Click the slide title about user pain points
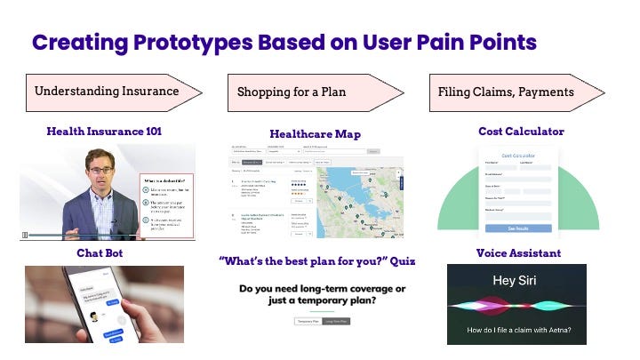[284, 43]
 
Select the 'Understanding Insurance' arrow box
[107, 91]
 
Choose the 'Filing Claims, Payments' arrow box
[506, 91]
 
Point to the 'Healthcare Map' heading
[315, 134]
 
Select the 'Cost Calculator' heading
[521, 132]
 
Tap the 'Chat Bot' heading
[100, 253]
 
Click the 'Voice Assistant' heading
[518, 253]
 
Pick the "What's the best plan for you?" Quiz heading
[317, 261]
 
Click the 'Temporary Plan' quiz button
[308, 321]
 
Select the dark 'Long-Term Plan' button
[336, 321]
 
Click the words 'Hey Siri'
[516, 280]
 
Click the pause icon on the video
[25, 236]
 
